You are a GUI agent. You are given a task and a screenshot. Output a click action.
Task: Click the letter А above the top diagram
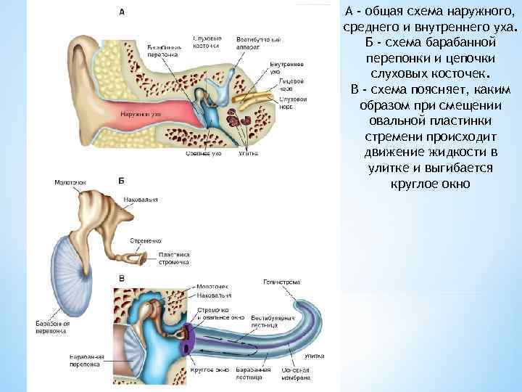(x=121, y=12)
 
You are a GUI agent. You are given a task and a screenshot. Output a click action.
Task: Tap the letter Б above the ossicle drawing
(x=120, y=179)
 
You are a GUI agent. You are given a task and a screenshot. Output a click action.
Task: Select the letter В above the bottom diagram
(x=121, y=278)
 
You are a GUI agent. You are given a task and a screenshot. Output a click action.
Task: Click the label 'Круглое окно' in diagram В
(x=210, y=369)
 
